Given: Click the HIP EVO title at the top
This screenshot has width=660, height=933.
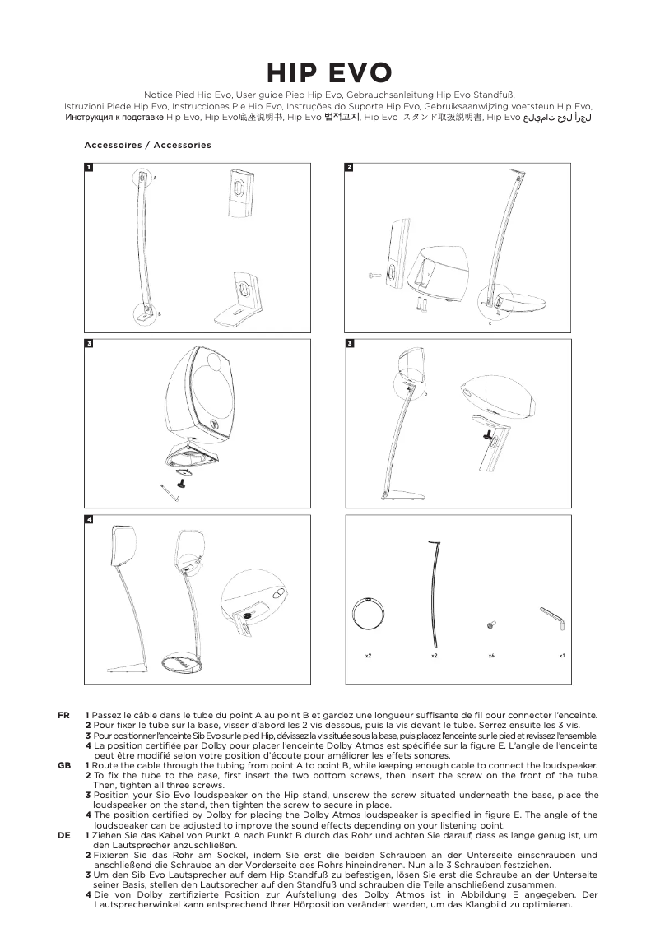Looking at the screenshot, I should point(329,74).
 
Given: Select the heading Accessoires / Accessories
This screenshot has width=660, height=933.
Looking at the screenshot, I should point(147,145).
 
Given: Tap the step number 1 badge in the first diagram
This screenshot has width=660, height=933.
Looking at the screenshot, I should point(89,168).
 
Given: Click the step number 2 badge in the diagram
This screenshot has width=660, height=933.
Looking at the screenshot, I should point(349,168).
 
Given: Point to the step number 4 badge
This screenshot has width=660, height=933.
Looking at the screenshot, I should point(89,520).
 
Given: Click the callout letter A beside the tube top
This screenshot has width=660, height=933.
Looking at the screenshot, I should point(154,179).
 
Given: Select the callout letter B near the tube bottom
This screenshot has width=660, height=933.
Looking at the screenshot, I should point(159,314).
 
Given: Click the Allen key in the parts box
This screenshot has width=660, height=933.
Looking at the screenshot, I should point(551,619).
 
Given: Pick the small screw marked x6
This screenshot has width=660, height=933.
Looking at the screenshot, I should point(490,626).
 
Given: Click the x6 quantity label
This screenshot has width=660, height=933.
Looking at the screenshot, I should point(490,656).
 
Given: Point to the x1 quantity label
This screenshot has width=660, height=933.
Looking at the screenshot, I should point(562,656).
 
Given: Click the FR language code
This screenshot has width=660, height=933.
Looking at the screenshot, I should point(63,716).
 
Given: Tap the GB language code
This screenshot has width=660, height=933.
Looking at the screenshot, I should point(63,766).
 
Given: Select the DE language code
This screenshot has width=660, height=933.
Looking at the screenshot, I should point(63,835).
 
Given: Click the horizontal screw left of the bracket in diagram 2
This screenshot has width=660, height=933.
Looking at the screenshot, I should point(374,274).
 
